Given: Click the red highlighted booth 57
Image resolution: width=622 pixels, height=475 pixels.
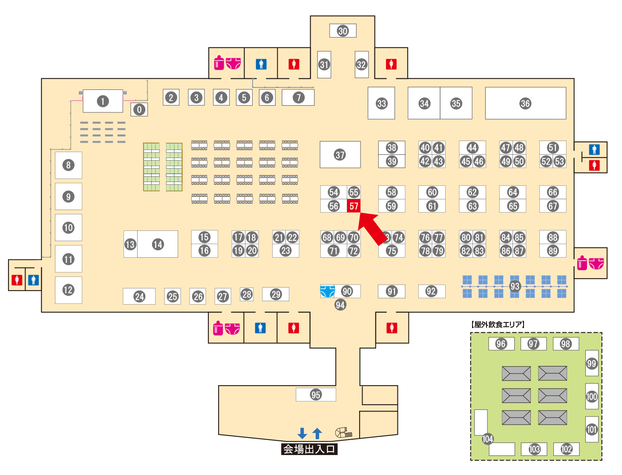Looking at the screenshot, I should (x=354, y=206).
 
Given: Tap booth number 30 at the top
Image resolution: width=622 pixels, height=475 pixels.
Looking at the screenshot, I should (x=343, y=31).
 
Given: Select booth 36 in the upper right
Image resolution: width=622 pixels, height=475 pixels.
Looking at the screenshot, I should (x=525, y=104).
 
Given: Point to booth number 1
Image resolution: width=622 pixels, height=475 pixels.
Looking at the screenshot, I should (x=103, y=101).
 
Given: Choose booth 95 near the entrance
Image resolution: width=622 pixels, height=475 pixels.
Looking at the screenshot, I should (x=316, y=394).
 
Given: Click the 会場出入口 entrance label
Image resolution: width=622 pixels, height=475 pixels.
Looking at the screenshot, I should (x=309, y=449).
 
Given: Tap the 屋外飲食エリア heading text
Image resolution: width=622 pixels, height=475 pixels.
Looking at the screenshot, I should (x=498, y=325).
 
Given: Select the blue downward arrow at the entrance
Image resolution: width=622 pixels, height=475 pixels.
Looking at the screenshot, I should (x=302, y=433).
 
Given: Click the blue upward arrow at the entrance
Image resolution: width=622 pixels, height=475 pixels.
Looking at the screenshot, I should (x=317, y=433).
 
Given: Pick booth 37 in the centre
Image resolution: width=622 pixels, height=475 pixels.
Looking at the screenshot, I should (x=340, y=155).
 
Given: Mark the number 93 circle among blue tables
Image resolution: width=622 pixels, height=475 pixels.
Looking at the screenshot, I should (x=515, y=286).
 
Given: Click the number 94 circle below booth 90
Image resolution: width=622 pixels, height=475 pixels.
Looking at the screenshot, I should (x=340, y=305).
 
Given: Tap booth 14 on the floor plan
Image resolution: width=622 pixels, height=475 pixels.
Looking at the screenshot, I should (x=158, y=244).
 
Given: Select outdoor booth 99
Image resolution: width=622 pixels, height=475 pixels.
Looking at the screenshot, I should (x=592, y=363).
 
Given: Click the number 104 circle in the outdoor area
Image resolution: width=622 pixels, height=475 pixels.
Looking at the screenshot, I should (x=487, y=439).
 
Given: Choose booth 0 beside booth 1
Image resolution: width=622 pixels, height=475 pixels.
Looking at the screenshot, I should (x=139, y=109).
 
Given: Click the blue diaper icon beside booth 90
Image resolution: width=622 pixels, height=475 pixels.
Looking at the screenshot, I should (x=328, y=291).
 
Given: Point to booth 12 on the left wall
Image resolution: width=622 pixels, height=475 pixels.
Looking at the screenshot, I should (x=68, y=290).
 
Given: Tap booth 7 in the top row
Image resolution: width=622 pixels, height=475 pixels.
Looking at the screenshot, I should (x=299, y=98).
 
